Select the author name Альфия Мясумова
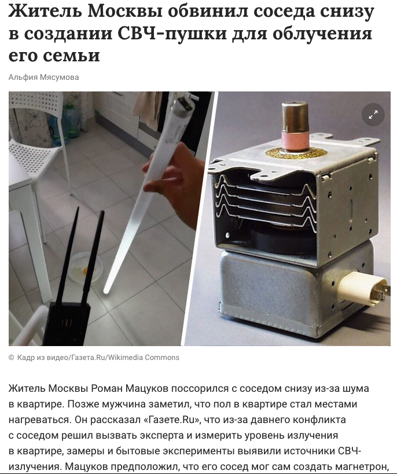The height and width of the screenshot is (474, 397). click(44, 77)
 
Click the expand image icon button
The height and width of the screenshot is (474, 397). click(373, 115)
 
